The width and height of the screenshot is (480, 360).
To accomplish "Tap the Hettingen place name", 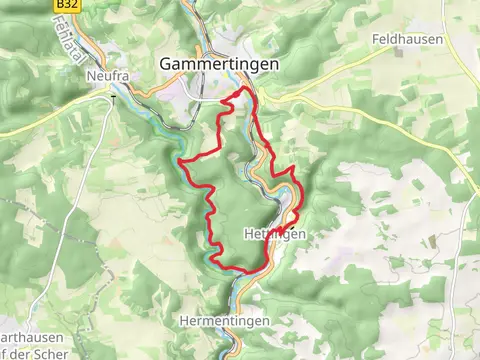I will tap(273, 233).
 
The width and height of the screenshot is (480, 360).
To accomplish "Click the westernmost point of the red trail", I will tap(179, 160).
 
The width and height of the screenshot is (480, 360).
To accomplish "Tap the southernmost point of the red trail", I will tap(237, 272).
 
